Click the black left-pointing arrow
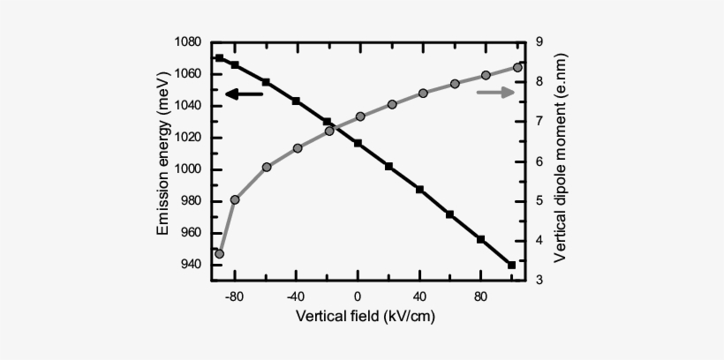(x=244, y=94)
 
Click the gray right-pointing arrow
(x=495, y=93)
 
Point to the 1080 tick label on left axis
(x=187, y=42)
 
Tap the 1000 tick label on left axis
(x=187, y=169)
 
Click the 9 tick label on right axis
(x=539, y=42)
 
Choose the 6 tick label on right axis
(x=539, y=161)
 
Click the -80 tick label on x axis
(x=233, y=297)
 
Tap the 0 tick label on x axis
(x=358, y=297)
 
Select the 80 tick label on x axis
(x=482, y=297)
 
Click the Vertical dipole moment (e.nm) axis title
(x=560, y=161)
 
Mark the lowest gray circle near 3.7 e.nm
(x=219, y=254)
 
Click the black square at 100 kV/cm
(x=512, y=265)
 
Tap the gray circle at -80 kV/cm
(x=235, y=199)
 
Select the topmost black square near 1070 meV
(x=219, y=58)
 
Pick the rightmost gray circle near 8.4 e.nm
(x=517, y=67)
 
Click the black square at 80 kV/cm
(x=481, y=239)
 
